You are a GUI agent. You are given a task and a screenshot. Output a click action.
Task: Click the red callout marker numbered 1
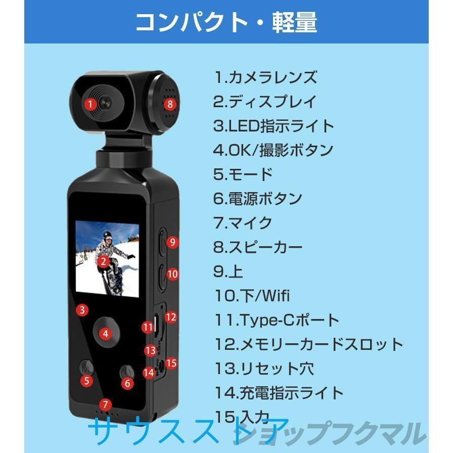tap(90, 105)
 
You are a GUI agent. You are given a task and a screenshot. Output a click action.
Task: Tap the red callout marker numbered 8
tap(170, 105)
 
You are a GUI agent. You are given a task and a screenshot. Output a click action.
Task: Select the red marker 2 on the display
tap(103, 261)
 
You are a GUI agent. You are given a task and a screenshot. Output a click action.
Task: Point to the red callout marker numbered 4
tap(105, 334)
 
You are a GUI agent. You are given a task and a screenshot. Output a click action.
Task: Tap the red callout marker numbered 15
tap(171, 363)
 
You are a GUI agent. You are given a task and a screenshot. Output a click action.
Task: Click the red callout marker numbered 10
tap(172, 274)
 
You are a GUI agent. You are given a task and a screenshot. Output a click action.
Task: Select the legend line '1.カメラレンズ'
tap(265, 77)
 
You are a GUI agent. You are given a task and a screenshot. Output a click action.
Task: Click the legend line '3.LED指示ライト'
tap(274, 126)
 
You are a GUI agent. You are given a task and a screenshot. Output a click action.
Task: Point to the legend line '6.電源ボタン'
tap(257, 199)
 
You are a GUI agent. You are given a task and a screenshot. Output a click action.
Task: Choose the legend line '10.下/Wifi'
tap(251, 296)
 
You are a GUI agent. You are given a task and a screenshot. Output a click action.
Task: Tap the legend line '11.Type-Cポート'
tap(276, 320)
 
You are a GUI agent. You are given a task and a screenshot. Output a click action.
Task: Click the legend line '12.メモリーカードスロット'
tap(308, 344)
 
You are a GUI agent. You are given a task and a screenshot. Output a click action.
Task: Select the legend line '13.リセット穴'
tap(263, 369)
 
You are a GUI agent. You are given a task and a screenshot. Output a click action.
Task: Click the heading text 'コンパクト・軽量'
tap(226, 23)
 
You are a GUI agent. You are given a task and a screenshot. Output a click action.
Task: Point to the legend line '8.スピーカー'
tap(258, 247)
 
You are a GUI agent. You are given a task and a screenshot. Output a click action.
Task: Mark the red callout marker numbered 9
tap(172, 242)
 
